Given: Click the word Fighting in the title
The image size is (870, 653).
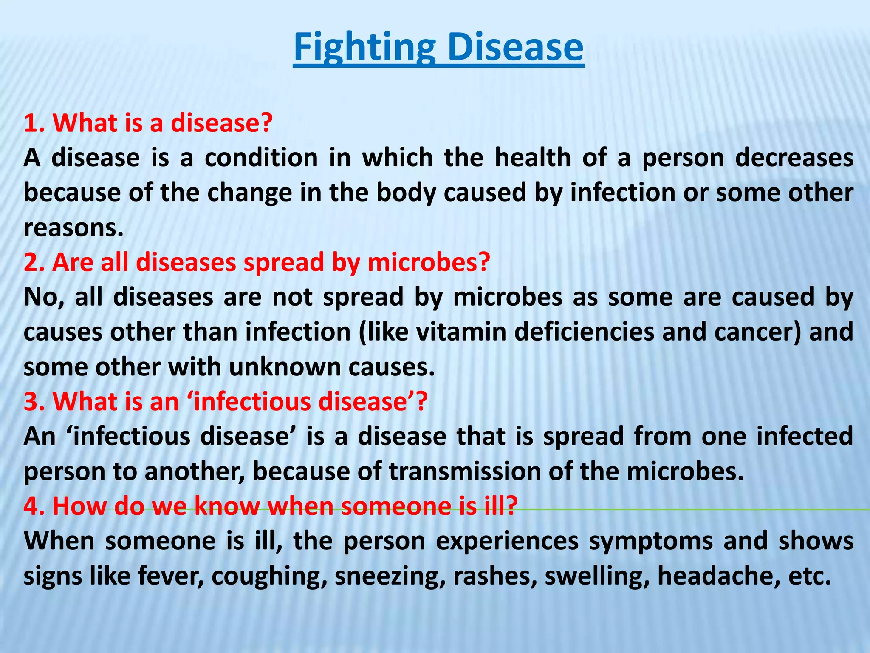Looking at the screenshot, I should [x=364, y=48].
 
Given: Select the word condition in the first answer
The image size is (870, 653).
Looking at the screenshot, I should [x=261, y=158].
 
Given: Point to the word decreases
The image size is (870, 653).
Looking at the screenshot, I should [x=794, y=158].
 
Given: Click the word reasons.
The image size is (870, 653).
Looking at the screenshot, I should [x=73, y=229].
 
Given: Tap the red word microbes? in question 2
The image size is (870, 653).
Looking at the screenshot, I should [x=429, y=263].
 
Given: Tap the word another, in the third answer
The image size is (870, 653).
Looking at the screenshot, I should [x=194, y=472].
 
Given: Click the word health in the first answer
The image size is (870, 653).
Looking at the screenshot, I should [x=533, y=158].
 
